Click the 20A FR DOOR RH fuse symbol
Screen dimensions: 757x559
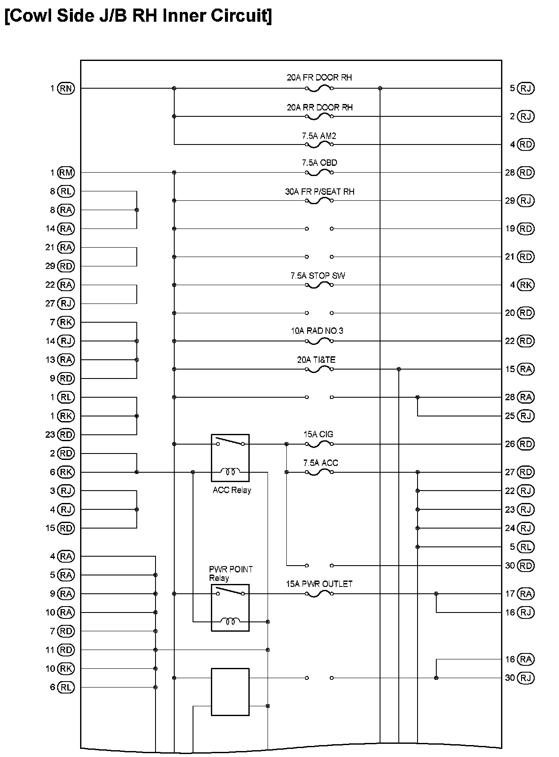click(319, 88)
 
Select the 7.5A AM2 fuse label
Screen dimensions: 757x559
click(319, 136)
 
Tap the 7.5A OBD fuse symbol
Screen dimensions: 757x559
click(319, 173)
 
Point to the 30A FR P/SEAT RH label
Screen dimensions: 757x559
click(320, 192)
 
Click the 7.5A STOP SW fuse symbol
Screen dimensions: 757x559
click(319, 285)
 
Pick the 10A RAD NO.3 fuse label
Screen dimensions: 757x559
click(317, 331)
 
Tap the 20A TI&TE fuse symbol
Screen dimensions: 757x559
click(319, 369)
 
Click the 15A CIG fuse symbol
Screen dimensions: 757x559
click(319, 444)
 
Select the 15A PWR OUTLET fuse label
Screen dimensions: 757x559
click(319, 584)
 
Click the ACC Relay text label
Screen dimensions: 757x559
click(232, 490)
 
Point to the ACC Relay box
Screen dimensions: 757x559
click(230, 458)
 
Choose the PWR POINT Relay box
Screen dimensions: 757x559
click(230, 607)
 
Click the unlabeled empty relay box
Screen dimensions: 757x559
click(230, 692)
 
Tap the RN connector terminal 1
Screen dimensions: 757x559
click(66, 88)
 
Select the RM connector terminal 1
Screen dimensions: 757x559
click(66, 173)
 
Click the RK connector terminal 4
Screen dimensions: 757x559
click(525, 285)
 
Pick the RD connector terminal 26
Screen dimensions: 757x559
click(525, 444)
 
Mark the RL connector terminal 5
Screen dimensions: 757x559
click(525, 547)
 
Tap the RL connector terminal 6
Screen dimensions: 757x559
click(66, 687)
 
